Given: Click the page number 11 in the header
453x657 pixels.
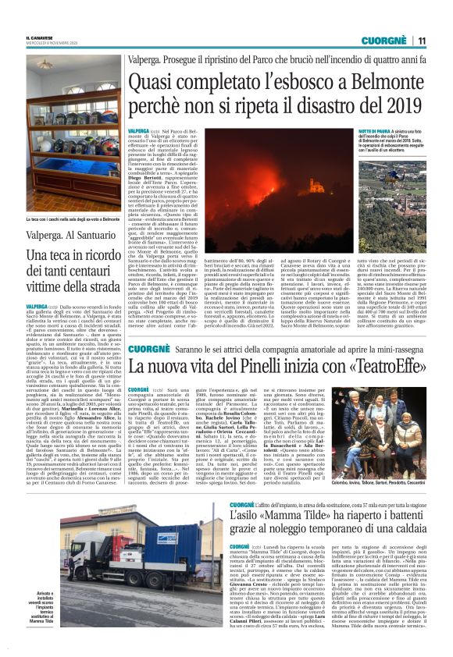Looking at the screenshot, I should pos(422,41).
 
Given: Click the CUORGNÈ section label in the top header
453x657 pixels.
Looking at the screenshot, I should pos(386,41).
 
